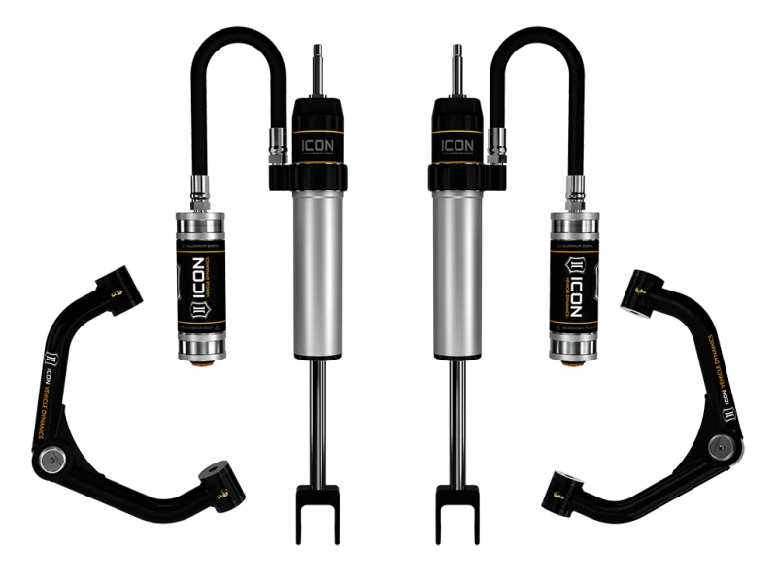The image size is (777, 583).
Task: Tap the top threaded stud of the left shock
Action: [x=318, y=68]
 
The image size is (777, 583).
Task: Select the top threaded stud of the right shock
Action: [x=458, y=68]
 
